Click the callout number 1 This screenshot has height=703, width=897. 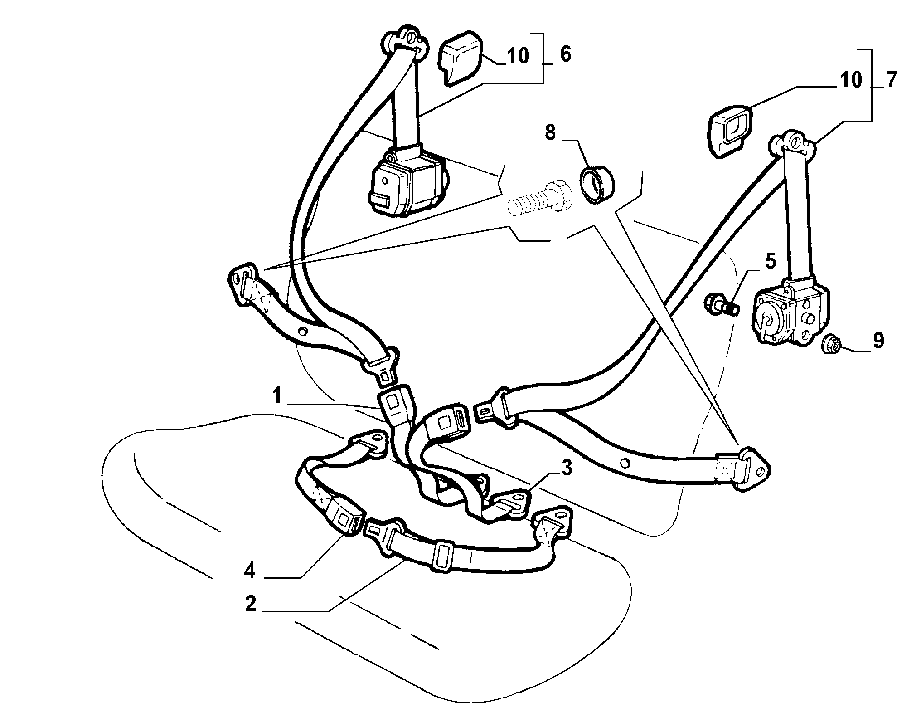coord(277,396)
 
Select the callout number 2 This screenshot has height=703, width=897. coord(251,604)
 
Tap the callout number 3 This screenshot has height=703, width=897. coord(567,468)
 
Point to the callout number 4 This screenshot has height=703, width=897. coord(250,570)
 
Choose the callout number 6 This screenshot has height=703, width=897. coord(566,54)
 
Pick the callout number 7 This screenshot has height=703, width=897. coord(890,80)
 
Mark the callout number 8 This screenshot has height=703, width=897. coord(550,133)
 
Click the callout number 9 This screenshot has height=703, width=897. coord(878,340)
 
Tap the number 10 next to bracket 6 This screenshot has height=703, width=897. coord(518,56)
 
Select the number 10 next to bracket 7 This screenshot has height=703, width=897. coord(850,80)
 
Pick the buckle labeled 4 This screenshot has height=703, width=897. coord(348,515)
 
